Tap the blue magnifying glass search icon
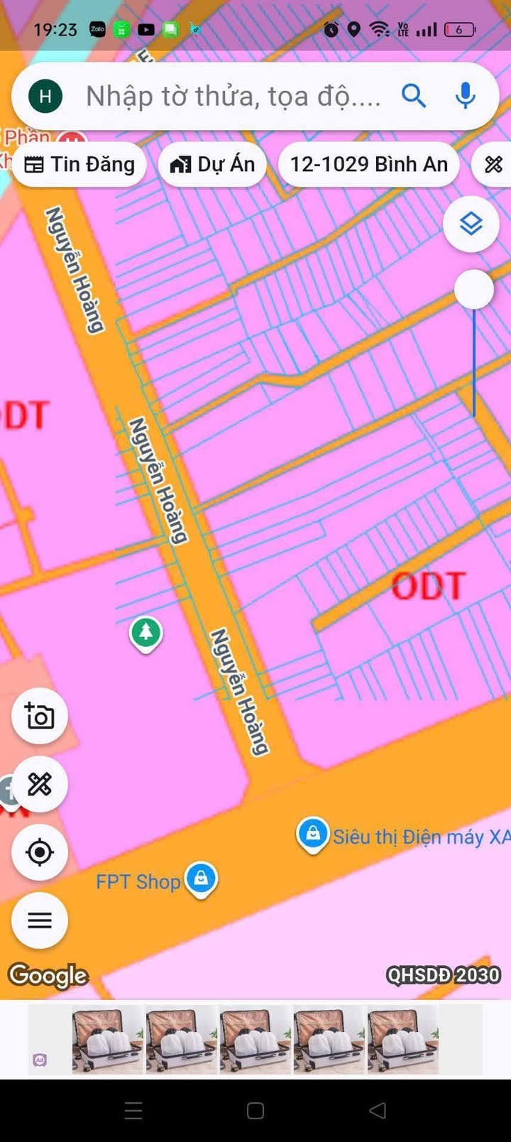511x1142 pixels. click(414, 95)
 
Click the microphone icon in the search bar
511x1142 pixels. click(465, 95)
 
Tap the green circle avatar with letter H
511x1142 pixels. click(45, 96)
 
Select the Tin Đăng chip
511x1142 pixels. click(79, 165)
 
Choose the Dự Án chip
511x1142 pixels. click(212, 165)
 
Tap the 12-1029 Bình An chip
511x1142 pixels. click(369, 165)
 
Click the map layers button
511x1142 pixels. click(471, 224)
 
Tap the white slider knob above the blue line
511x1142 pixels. click(473, 289)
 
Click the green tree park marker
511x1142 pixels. click(146, 632)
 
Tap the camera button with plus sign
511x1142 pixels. click(40, 716)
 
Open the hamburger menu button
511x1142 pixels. click(40, 920)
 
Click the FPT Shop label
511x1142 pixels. click(138, 882)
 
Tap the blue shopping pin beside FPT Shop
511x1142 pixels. click(202, 879)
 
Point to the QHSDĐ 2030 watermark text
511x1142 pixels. click(444, 975)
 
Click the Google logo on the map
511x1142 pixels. click(48, 975)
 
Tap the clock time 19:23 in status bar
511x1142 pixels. click(55, 30)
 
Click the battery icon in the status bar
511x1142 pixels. click(460, 30)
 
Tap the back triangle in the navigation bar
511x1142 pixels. click(378, 1110)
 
